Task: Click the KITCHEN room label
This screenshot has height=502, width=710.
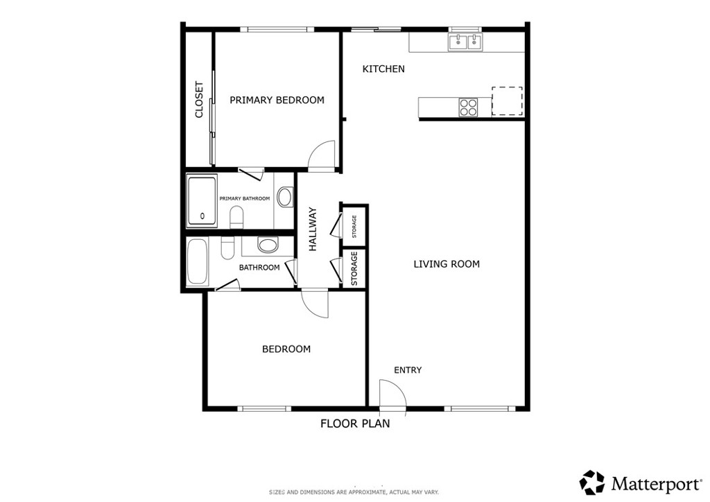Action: pyautogui.click(x=383, y=69)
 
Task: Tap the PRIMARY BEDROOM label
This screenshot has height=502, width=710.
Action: pyautogui.click(x=277, y=100)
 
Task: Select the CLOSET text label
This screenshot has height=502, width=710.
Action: pyautogui.click(x=199, y=100)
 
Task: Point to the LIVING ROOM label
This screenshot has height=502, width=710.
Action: pyautogui.click(x=447, y=264)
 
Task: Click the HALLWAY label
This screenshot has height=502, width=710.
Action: pyautogui.click(x=313, y=230)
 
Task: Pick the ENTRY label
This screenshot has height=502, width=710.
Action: pyautogui.click(x=408, y=370)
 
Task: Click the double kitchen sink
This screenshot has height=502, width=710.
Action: pyautogui.click(x=465, y=42)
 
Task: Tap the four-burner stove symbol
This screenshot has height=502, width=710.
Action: pyautogui.click(x=468, y=107)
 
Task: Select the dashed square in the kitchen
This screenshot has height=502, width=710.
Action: pyautogui.click(x=507, y=101)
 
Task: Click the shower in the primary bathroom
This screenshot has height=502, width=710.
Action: pyautogui.click(x=202, y=201)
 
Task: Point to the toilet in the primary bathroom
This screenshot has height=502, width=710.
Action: pyautogui.click(x=236, y=217)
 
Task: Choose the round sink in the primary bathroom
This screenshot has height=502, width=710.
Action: pyautogui.click(x=284, y=197)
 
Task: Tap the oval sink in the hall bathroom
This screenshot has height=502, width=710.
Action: pyautogui.click(x=267, y=245)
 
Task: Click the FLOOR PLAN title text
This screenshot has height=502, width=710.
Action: pyautogui.click(x=355, y=424)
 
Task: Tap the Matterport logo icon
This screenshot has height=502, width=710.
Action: pyautogui.click(x=592, y=483)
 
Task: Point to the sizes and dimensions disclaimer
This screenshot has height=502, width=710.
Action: pyautogui.click(x=354, y=492)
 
